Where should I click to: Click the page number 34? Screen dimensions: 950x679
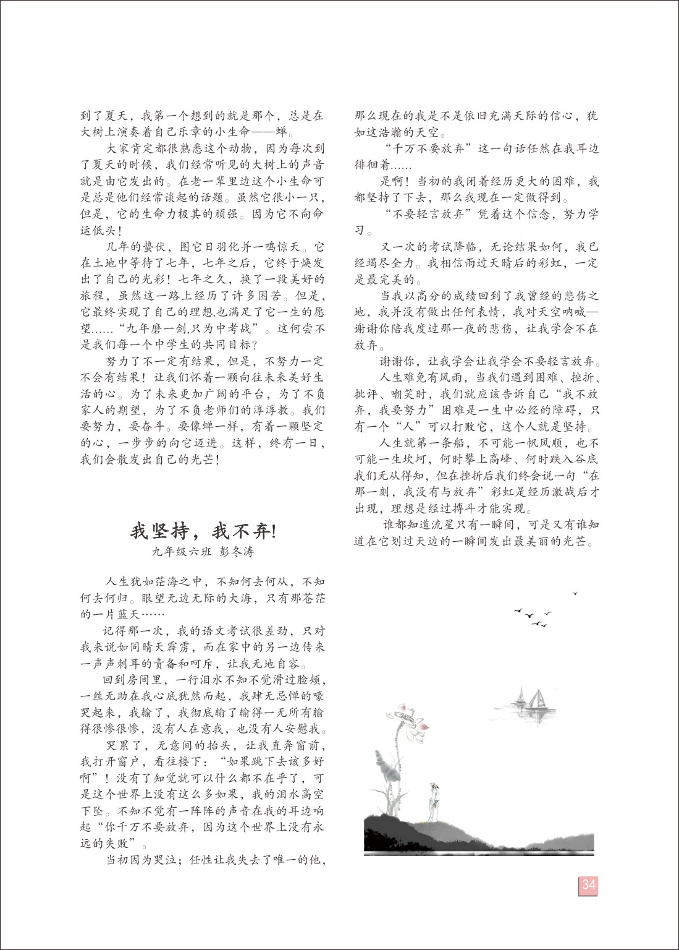588,884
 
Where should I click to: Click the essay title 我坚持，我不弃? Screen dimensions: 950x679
203,531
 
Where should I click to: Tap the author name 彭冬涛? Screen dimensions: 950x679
236,551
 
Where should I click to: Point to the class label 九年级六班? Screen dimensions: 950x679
179,551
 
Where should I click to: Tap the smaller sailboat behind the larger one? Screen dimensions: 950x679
520,696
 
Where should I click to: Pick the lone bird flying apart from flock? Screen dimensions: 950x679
575,594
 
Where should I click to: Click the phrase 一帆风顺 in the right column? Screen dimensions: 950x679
538,443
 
